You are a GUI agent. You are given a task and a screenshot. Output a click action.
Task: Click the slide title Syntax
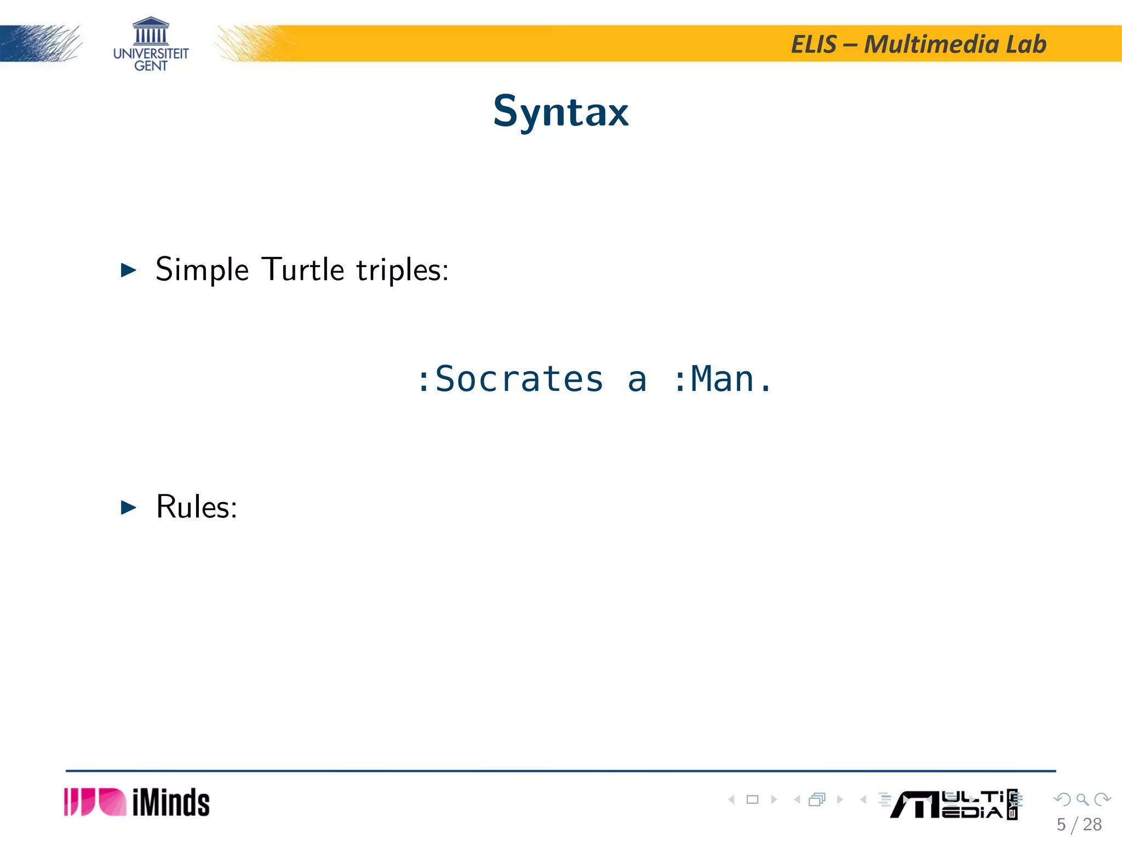[x=560, y=111]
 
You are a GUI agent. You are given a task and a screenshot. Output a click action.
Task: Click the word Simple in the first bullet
[x=202, y=270]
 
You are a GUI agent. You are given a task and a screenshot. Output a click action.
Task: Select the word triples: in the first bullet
[x=402, y=270]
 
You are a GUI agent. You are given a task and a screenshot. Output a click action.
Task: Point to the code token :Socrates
[x=510, y=379]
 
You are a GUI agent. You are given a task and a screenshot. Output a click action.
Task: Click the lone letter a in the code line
[x=637, y=380]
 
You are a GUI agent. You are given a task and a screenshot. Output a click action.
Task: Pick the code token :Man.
[x=722, y=379]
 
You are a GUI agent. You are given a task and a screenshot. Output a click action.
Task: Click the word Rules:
[x=197, y=507]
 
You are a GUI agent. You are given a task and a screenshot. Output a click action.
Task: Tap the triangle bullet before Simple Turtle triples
[x=128, y=270]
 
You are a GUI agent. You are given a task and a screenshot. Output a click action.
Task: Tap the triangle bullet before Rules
[x=128, y=508]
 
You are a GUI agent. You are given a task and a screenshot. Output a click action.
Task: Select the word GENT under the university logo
[x=151, y=66]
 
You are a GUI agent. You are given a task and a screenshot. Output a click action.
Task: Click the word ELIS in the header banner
[x=814, y=44]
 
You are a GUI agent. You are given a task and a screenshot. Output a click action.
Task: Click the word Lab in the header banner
[x=1026, y=44]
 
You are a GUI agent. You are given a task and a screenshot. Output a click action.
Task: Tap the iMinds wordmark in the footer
[x=171, y=803]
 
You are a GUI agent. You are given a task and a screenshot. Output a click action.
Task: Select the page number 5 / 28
[x=1079, y=825]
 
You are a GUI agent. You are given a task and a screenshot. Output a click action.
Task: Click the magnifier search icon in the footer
[x=1082, y=800]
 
